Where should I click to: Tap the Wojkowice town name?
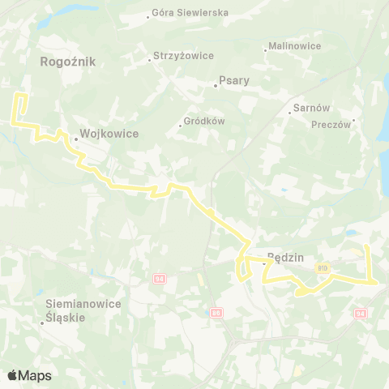click(x=109, y=135)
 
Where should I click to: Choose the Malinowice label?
click(x=295, y=47)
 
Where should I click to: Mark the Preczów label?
click(x=331, y=125)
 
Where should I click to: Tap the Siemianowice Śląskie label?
click(x=83, y=310)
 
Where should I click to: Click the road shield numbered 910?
click(x=323, y=268)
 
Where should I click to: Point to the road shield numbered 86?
click(x=215, y=312)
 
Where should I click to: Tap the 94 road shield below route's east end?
click(x=361, y=312)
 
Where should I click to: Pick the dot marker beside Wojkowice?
click(x=75, y=139)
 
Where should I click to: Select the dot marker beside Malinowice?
click(x=266, y=50)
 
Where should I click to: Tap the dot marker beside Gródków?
click(x=181, y=126)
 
